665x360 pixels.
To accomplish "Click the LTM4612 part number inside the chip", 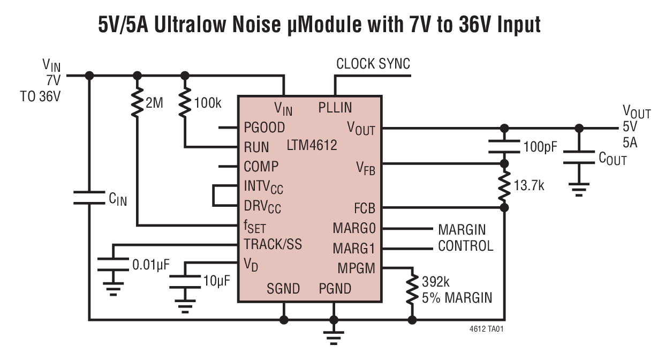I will coord(312,145).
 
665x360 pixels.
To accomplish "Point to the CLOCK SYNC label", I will coord(373,64).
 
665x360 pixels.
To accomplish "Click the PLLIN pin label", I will coord(335,108).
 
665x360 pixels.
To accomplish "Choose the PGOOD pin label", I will coord(265,127).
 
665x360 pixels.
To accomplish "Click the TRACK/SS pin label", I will coord(273,244).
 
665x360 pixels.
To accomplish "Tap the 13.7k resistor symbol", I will coord(504,185).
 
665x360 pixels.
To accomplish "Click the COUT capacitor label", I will coord(613,159).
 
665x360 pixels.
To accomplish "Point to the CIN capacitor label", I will coord(118,200).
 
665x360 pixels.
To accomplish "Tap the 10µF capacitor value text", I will coord(216,280).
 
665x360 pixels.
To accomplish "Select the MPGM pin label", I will coord(356,268).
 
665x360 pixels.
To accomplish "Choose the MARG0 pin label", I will coord(354,228).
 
